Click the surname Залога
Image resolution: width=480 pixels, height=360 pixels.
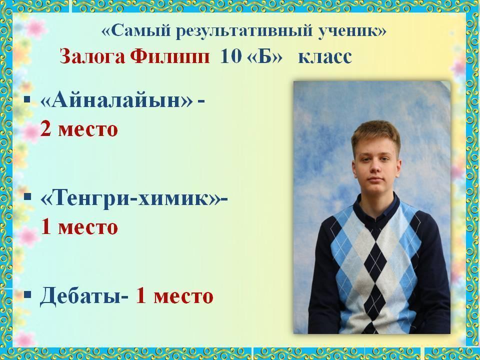tap(92, 56)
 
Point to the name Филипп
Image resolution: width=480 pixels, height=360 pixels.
tap(170, 56)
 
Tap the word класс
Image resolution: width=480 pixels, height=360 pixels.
tap(325, 57)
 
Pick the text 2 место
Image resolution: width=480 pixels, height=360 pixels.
tap(79, 129)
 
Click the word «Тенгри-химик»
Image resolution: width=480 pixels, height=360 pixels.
tap(130, 198)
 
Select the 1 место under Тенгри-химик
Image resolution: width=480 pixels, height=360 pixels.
tap(79, 227)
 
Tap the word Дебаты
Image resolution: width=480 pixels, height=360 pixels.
tap(81, 296)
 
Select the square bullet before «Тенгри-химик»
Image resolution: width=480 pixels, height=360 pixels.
tap(27, 196)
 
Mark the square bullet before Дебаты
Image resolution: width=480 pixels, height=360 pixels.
tap(27, 295)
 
